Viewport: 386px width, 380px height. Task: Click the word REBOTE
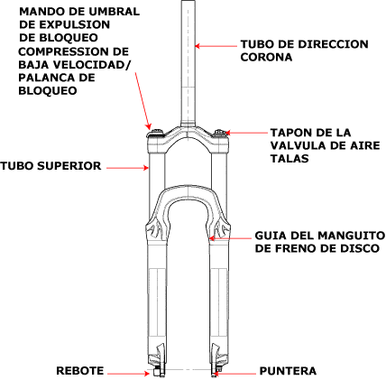(x=79, y=370)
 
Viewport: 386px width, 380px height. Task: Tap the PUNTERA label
(x=288, y=371)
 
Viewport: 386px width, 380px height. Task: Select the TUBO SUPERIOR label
(x=51, y=166)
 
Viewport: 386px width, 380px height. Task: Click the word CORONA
(x=266, y=57)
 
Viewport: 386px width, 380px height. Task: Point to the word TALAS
(x=289, y=158)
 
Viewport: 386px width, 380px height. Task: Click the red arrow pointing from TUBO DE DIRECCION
(x=216, y=46)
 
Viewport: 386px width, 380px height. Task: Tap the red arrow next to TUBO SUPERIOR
(x=128, y=168)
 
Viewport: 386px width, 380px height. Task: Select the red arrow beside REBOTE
(x=128, y=374)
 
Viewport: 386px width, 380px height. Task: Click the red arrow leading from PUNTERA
(x=234, y=374)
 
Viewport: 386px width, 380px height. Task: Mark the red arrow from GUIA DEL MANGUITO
(x=230, y=238)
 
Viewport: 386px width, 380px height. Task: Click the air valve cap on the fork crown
(x=220, y=133)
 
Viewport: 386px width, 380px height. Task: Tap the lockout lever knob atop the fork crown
(x=157, y=133)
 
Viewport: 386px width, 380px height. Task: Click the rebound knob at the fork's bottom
(x=156, y=372)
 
